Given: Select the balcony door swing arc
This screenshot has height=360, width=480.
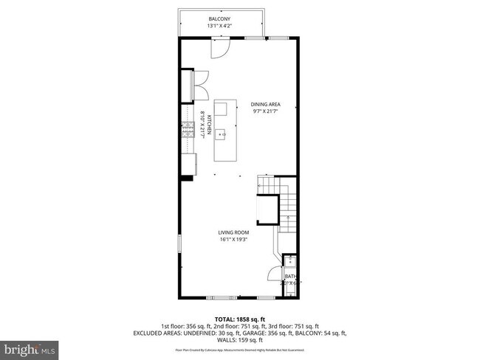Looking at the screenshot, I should [220, 47].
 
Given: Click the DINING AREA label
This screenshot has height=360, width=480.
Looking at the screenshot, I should [265, 104].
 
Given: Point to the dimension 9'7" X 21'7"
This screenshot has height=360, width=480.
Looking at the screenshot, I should [265, 112].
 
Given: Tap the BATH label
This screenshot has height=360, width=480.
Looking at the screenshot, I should [290, 276].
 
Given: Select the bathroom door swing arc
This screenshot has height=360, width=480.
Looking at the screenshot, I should [273, 273].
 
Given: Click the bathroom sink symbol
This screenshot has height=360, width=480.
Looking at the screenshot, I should [289, 259].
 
